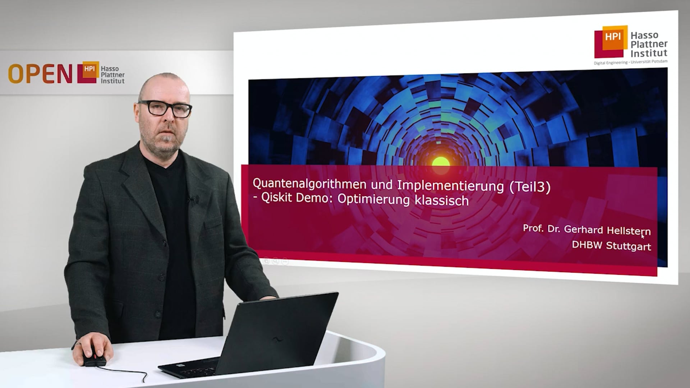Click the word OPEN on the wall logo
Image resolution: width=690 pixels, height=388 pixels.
coord(40,74)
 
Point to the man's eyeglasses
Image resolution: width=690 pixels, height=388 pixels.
coord(165,108)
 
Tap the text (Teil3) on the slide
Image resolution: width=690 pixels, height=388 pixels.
coord(530,187)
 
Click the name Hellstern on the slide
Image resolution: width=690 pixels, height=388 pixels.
coord(629,231)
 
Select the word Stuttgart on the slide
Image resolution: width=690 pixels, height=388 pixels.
coord(629,246)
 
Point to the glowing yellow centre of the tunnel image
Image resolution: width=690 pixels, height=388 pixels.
coord(441,162)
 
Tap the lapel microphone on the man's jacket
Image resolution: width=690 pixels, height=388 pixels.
coord(192,198)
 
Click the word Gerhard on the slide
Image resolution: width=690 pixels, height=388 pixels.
coord(583,229)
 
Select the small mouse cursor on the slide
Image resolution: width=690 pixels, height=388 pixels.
coord(643,236)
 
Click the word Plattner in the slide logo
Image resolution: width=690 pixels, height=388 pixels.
coord(649,44)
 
